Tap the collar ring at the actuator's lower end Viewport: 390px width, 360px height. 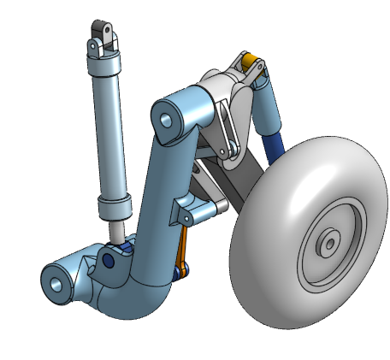click(114, 208)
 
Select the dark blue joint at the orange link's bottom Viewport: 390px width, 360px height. click(180, 273)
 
